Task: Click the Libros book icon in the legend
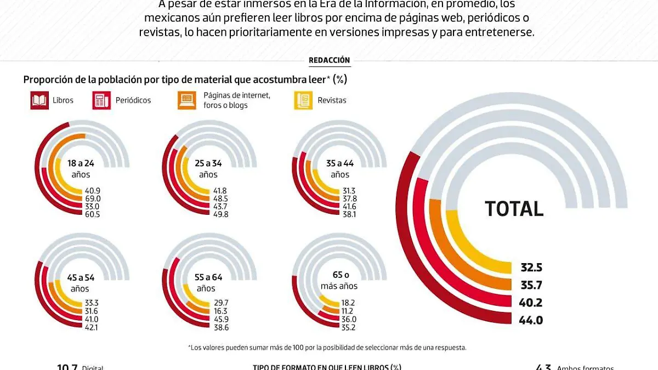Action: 38,100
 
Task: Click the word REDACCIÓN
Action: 329,60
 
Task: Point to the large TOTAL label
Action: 514,209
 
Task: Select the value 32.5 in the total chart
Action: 531,268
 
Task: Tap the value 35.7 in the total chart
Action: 531,286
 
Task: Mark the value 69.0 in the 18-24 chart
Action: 92,198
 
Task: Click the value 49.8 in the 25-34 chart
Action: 220,214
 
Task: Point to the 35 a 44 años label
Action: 340,168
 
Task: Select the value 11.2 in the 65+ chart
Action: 348,310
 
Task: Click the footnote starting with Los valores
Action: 327,348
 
